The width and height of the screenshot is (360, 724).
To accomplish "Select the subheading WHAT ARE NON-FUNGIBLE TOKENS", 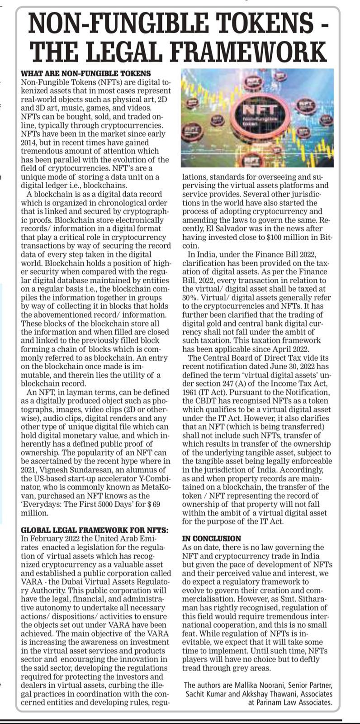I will click(86, 73).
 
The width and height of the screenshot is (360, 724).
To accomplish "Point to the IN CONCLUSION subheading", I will click(212, 538).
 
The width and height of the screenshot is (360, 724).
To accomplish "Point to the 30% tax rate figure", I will click(190, 298).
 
